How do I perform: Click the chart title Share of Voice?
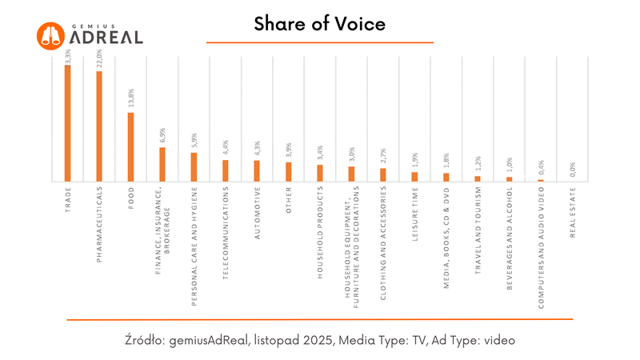[x=319, y=24]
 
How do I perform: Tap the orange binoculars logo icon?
[x=50, y=35]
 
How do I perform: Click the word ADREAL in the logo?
[x=106, y=38]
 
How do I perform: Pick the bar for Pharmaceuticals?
[x=99, y=126]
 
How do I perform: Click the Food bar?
[x=130, y=146]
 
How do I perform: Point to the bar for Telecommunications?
[x=226, y=170]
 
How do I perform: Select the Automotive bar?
[x=257, y=170]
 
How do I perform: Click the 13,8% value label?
[x=131, y=101]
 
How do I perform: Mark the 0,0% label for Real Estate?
[x=573, y=170]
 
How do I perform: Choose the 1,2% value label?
[x=478, y=164]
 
